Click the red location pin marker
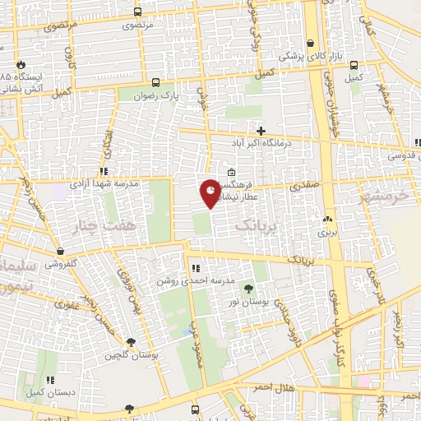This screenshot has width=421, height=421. (210, 192)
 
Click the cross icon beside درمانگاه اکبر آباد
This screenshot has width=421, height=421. (261, 130)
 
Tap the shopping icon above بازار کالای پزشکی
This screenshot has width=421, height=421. (310, 44)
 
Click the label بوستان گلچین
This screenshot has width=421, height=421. (124, 355)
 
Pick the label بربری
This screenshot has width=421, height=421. (328, 233)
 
